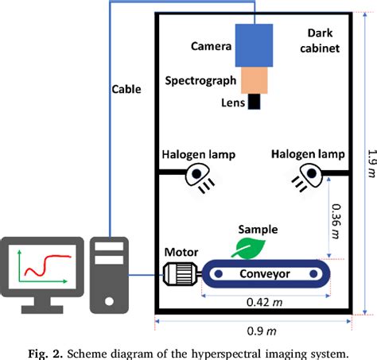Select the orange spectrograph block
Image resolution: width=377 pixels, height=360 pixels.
click(x=255, y=78)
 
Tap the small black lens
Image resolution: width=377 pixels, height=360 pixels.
click(x=255, y=102)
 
